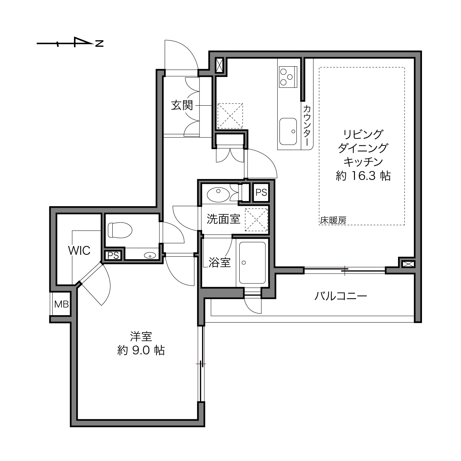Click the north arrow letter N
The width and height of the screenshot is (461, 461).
(99, 43)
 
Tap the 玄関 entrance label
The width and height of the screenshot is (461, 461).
(182, 106)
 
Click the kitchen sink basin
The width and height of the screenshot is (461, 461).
(288, 131)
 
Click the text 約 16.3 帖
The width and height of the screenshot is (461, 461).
(363, 176)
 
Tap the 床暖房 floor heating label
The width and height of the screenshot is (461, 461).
(333, 221)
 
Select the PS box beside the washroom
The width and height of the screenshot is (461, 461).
(261, 193)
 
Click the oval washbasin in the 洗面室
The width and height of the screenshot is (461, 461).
(218, 193)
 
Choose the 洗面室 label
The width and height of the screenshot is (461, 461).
(223, 219)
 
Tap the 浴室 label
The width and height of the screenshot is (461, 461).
(219, 263)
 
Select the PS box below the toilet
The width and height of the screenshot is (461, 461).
(113, 255)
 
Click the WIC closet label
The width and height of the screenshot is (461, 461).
(79, 250)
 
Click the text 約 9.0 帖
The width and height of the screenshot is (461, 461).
(141, 350)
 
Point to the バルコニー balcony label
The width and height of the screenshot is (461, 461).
(341, 296)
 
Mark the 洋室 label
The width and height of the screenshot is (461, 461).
(141, 336)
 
